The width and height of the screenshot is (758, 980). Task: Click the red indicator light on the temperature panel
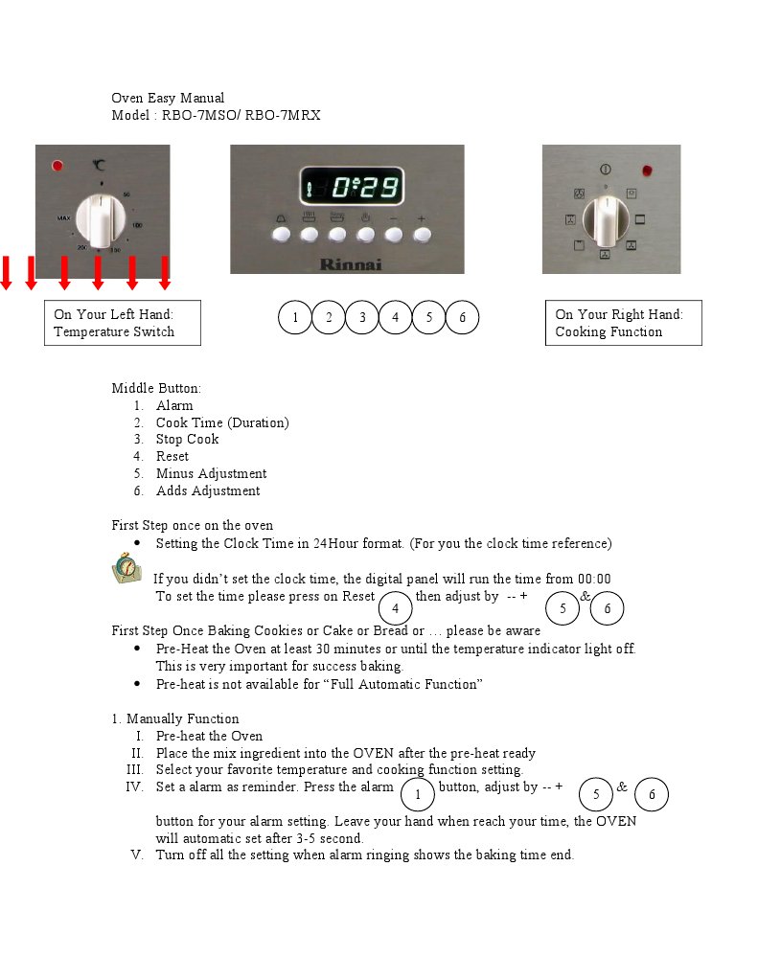pyautogui.click(x=57, y=166)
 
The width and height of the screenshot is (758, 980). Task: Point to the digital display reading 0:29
pyautogui.click(x=352, y=186)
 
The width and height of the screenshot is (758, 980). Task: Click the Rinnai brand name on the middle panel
pyautogui.click(x=350, y=263)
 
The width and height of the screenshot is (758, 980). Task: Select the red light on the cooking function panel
pyautogui.click(x=647, y=171)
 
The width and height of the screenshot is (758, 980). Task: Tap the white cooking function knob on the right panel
pyautogui.click(x=606, y=221)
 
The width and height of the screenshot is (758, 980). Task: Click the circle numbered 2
pyautogui.click(x=329, y=317)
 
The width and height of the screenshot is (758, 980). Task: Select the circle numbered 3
pyautogui.click(x=362, y=317)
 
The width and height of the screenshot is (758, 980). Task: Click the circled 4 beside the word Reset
pyautogui.click(x=396, y=608)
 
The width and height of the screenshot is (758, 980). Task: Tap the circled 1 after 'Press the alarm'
pyautogui.click(x=417, y=794)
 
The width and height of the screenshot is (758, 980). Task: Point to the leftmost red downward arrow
pyautogui.click(x=6, y=272)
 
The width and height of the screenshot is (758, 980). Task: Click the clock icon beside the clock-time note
pyautogui.click(x=126, y=568)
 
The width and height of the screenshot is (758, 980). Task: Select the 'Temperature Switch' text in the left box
pyautogui.click(x=114, y=331)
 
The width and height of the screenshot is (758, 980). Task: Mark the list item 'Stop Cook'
pyautogui.click(x=187, y=439)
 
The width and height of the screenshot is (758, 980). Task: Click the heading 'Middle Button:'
pyautogui.click(x=156, y=388)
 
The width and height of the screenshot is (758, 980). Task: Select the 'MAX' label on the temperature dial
pyautogui.click(x=64, y=218)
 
